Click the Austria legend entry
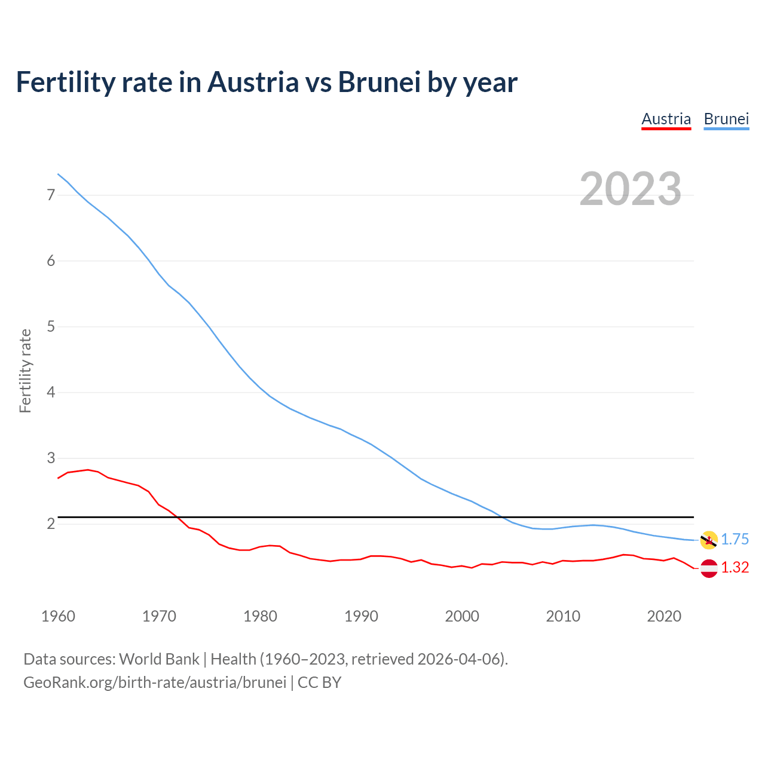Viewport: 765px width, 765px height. (x=666, y=119)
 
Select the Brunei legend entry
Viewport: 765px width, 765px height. (x=726, y=119)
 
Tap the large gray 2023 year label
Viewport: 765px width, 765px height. (x=631, y=189)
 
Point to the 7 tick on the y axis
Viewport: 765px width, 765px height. (x=51, y=195)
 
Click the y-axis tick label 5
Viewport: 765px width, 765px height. (x=51, y=327)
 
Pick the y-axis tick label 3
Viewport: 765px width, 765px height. (x=51, y=458)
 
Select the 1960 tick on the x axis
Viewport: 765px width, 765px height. (x=58, y=616)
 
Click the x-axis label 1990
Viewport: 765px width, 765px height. (x=361, y=616)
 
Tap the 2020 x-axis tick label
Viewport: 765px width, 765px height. (x=664, y=616)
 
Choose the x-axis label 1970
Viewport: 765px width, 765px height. (x=159, y=616)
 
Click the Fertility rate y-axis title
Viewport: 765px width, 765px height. (x=25, y=371)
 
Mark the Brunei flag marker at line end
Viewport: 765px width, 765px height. (x=709, y=540)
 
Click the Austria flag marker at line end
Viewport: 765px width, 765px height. (x=709, y=568)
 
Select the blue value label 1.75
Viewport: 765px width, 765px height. (x=735, y=539)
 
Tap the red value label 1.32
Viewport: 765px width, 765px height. (x=735, y=567)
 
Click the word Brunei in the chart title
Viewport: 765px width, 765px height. (x=380, y=82)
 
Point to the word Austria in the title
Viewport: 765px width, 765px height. (x=253, y=82)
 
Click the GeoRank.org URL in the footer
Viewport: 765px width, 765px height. (x=155, y=682)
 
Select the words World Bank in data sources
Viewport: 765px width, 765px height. (x=159, y=659)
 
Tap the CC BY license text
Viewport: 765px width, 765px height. (x=319, y=682)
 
